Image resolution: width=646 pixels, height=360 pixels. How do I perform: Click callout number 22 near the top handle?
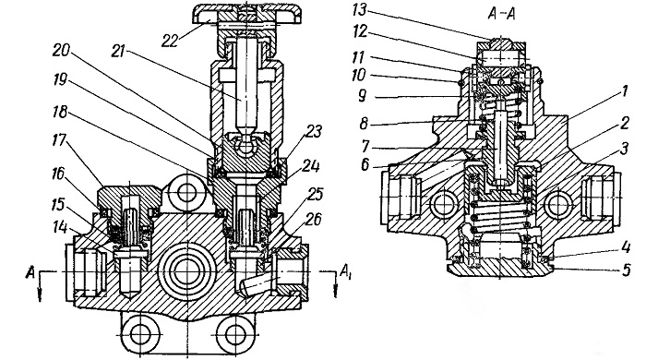click(x=170, y=40)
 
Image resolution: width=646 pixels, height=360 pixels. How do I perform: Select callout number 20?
click(x=62, y=50)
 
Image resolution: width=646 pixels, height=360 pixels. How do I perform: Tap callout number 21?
click(x=118, y=53)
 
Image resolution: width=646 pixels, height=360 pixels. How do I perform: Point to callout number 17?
click(x=58, y=140)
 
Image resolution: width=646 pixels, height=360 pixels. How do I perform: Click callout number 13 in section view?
click(x=359, y=9)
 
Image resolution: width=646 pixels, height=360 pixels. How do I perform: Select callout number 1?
click(x=625, y=91)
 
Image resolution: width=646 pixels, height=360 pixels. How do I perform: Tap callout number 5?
click(x=627, y=270)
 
